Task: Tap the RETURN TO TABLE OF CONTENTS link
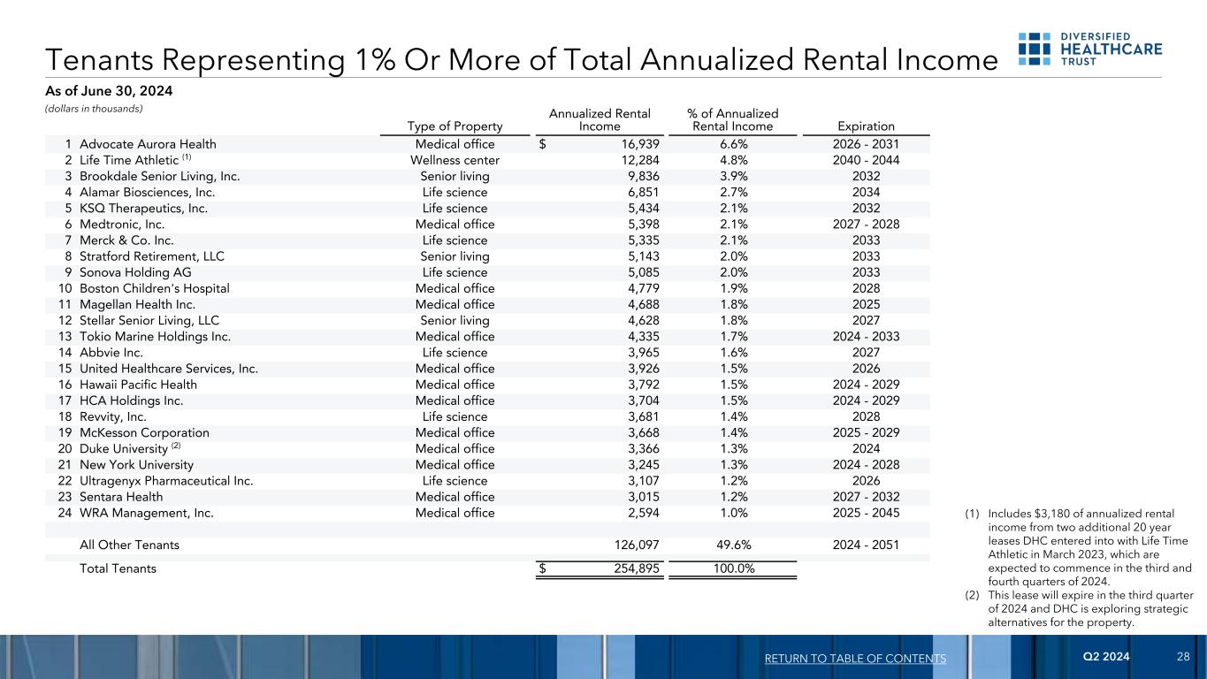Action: click(855, 659)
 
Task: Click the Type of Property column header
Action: click(455, 126)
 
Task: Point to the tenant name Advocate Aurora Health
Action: click(148, 144)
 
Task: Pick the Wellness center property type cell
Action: click(455, 160)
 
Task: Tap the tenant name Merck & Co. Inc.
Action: click(126, 240)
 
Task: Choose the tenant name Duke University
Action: click(124, 449)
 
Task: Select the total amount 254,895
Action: click(634, 568)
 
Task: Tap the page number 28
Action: click(1183, 658)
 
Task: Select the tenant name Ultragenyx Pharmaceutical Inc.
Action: click(166, 481)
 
